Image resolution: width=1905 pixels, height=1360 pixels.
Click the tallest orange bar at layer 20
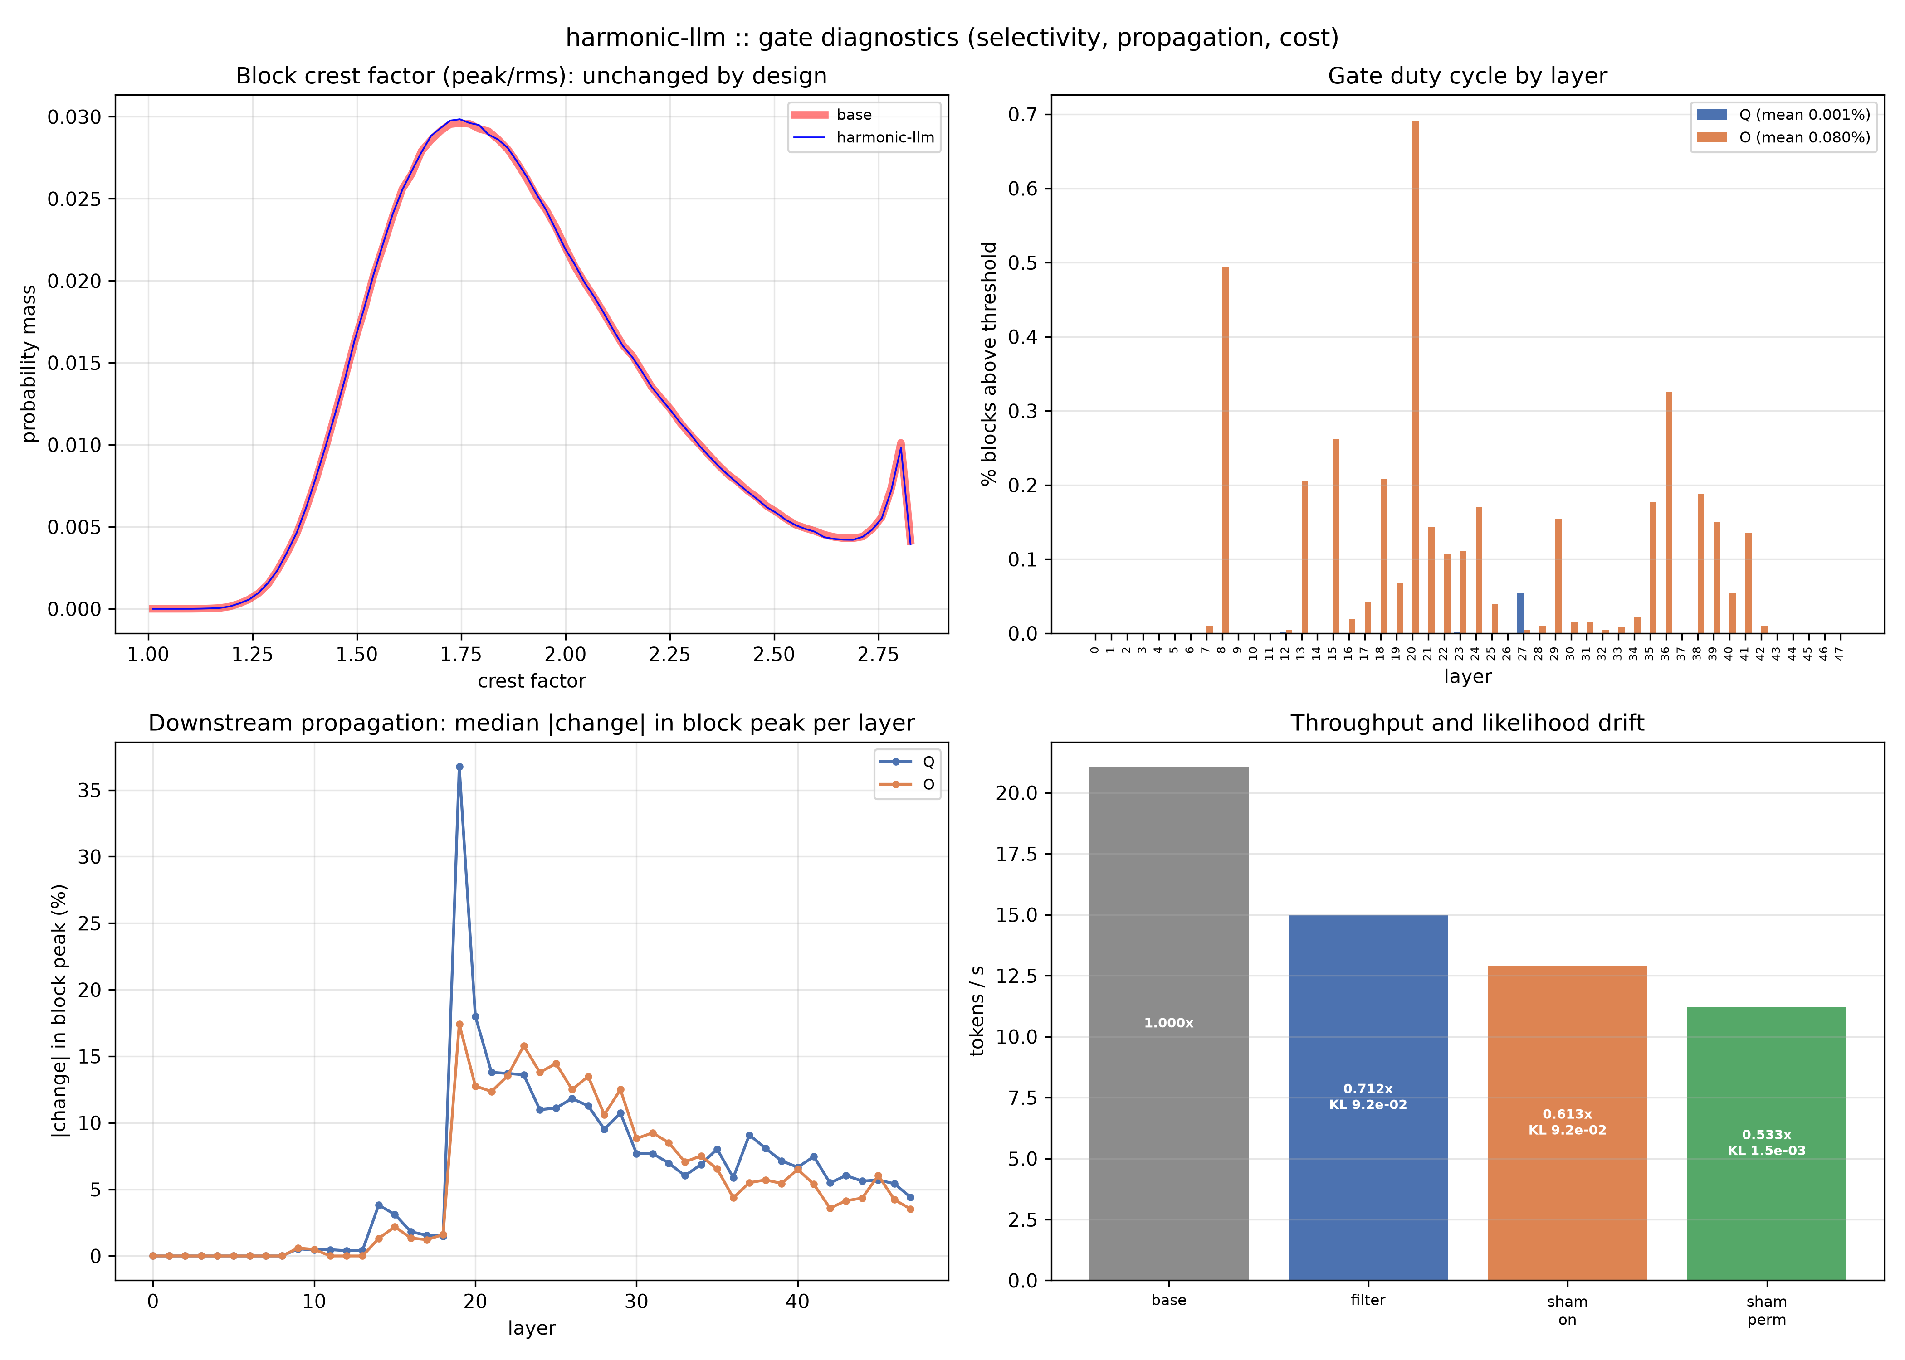1415,377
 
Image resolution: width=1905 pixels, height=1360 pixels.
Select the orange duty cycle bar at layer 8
1225,450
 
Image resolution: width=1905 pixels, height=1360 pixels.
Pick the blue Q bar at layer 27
1519,613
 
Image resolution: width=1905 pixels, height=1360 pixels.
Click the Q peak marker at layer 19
459,766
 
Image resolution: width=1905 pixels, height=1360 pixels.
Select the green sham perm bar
1766,1143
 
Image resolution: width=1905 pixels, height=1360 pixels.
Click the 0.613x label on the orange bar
1567,1114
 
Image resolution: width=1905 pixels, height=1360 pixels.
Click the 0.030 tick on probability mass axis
74,117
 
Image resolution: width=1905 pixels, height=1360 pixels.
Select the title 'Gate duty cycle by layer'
1467,76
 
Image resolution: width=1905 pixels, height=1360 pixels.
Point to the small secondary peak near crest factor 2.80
900,444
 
